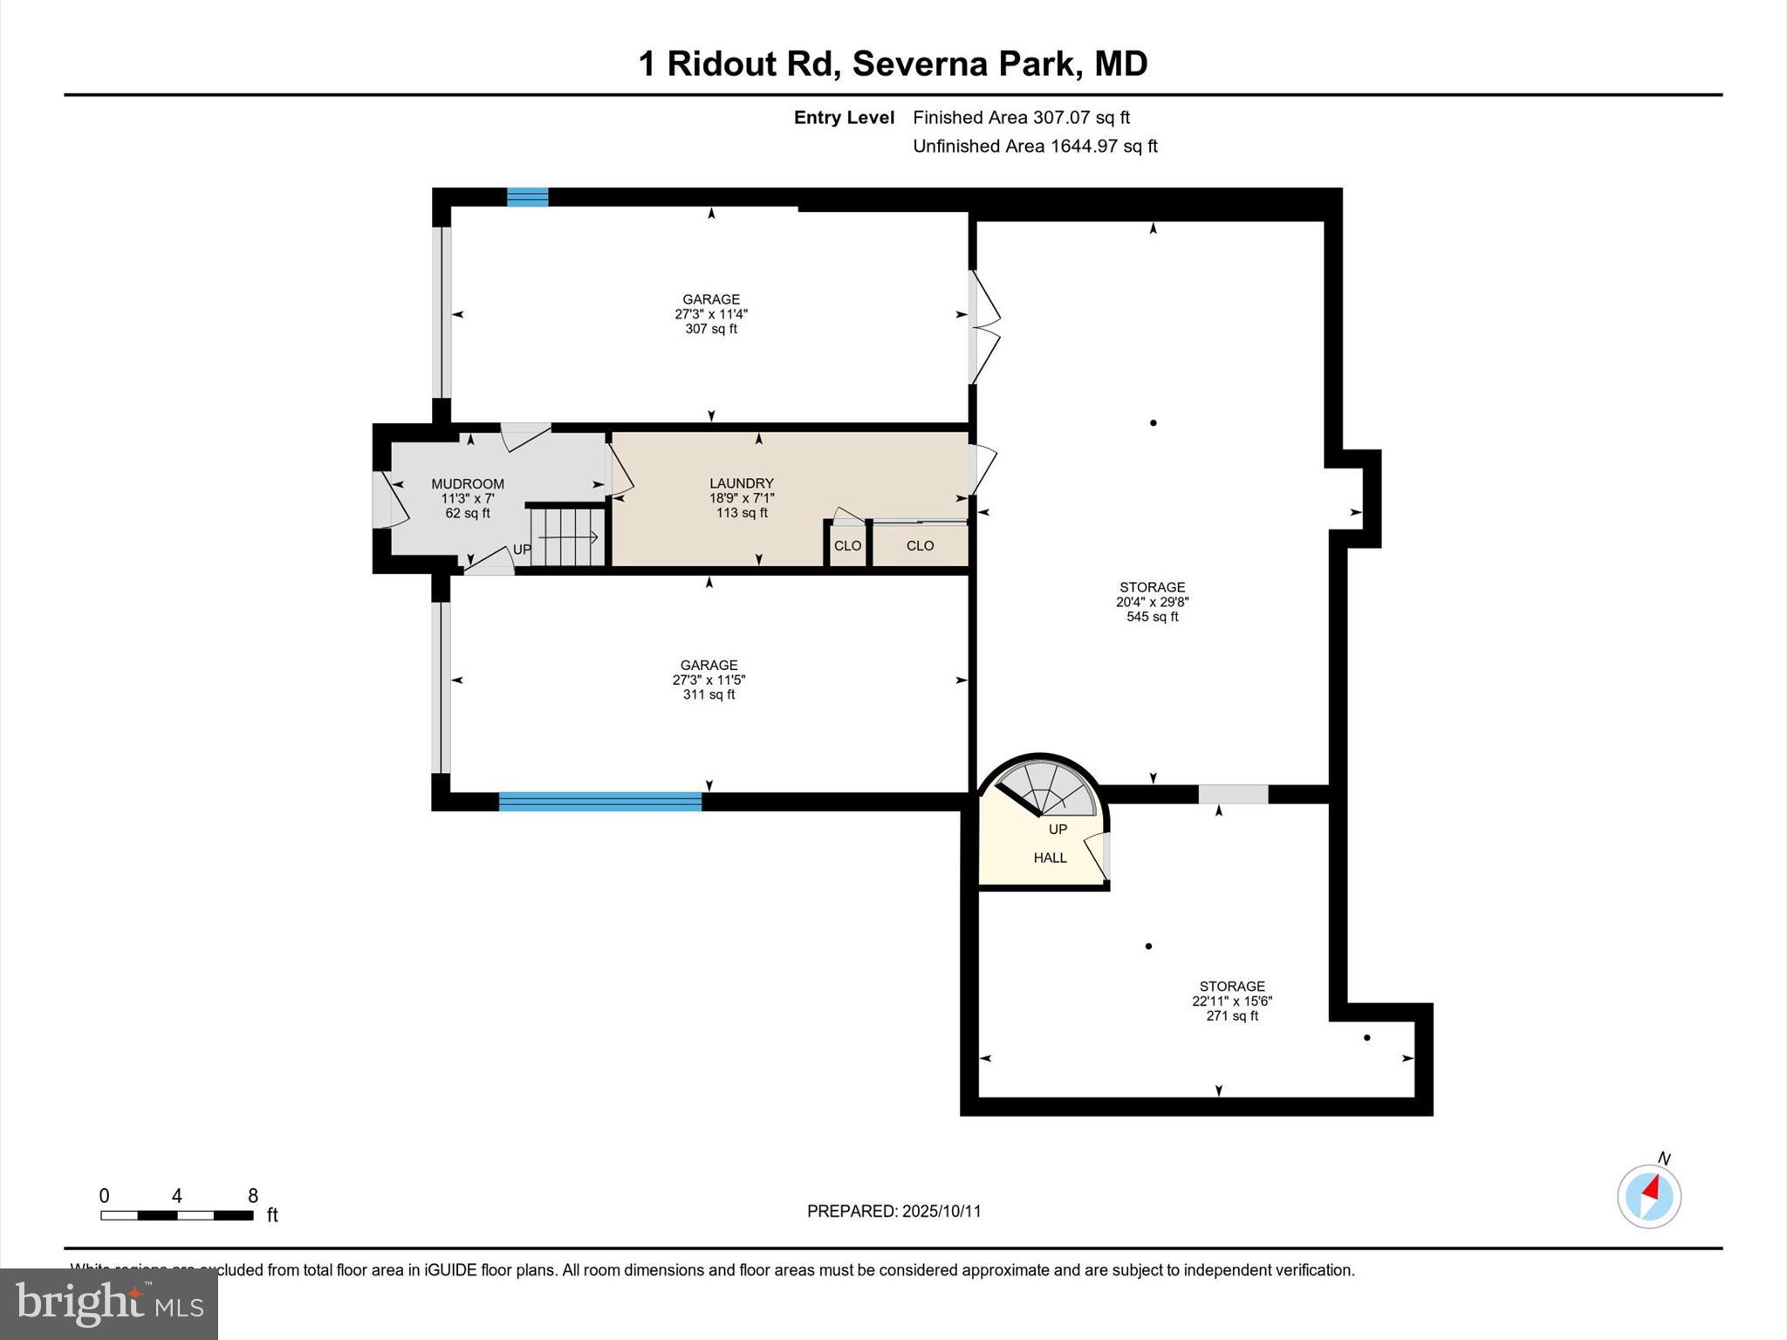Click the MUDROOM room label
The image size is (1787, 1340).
pos(468,483)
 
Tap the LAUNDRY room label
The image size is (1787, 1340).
pos(742,482)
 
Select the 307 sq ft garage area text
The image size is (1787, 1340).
pos(711,329)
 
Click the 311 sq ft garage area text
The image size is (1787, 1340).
pos(709,694)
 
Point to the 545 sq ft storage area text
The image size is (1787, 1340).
pos(1152,617)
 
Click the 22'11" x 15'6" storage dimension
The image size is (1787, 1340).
pos(1232,1002)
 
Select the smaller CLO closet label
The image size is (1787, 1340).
pos(847,546)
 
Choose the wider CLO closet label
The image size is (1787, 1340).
pos(920,546)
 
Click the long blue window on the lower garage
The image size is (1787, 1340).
pos(600,802)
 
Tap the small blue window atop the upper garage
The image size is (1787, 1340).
pos(528,197)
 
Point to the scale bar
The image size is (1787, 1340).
pos(177,1214)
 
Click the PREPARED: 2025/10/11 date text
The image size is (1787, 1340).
pos(893,1211)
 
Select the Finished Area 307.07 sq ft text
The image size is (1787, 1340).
pos(1021,117)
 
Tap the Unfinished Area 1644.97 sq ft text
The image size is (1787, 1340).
pos(1035,146)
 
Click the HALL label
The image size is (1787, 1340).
pos(1050,858)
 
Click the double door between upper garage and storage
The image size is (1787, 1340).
pos(983,327)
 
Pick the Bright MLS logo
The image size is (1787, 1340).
pos(109,1303)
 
